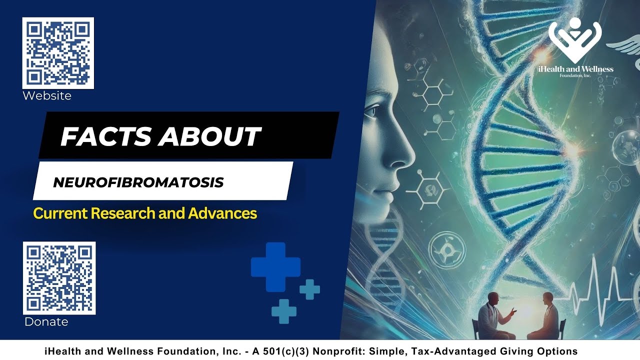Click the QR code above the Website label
point(58,53)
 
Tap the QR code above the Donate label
point(59,278)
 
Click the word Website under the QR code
point(47,95)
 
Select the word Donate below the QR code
point(46,322)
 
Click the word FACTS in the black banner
point(105,136)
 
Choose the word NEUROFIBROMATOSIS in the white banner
point(138,182)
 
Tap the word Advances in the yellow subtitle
point(222,213)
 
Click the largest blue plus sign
point(275,267)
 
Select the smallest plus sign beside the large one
point(309,289)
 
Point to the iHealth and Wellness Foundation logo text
point(575,70)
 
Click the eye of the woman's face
point(371,111)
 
